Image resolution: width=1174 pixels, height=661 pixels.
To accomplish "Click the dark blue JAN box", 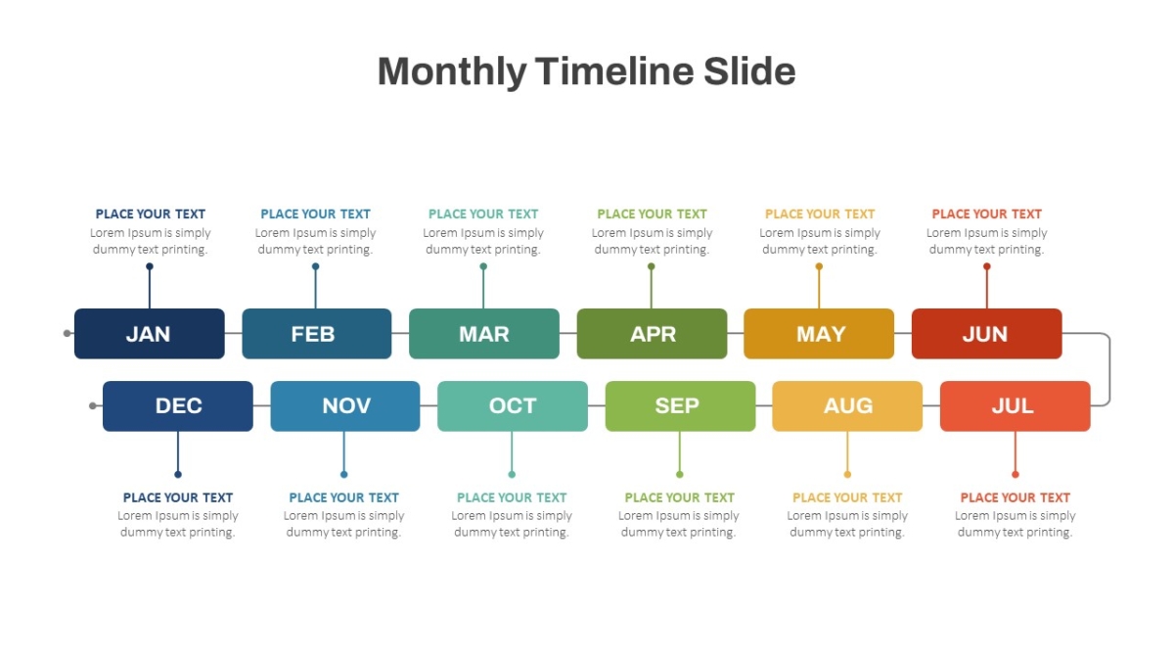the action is coord(150,334).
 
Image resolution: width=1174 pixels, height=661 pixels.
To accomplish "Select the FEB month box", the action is coord(317,334).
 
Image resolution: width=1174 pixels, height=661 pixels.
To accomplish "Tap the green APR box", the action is coord(652,334).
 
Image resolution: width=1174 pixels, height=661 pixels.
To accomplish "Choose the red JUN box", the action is coord(987,334).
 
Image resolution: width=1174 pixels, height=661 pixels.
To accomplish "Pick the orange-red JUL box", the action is coord(1016,406).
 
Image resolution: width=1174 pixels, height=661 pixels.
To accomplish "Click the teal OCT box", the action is coord(513,406).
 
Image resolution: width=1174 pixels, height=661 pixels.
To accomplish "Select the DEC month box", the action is coord(178,406).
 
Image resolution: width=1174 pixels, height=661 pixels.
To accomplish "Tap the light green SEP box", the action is coord(680,406).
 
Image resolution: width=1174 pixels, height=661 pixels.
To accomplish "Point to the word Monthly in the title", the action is coord(452,72).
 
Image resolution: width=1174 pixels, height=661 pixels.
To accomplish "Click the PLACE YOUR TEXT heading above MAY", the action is coord(820,214).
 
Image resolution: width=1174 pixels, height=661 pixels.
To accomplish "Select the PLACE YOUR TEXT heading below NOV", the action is coord(343,497).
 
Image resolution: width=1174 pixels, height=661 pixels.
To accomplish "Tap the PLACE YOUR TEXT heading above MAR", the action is coord(483,214).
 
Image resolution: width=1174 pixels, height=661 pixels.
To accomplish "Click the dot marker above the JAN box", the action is coord(150,266).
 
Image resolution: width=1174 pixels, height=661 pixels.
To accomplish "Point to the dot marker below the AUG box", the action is coord(847,474).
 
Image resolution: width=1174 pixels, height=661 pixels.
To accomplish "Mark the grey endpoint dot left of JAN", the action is coord(68,333).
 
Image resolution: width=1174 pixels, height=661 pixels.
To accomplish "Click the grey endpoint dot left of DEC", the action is coord(93,405).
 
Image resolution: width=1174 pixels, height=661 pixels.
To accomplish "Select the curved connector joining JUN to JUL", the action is coord(1109,369).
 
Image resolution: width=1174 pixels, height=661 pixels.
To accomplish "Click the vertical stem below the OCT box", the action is coord(512,451).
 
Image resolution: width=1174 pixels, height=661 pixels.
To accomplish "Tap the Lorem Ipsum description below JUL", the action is coord(1016,524).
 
